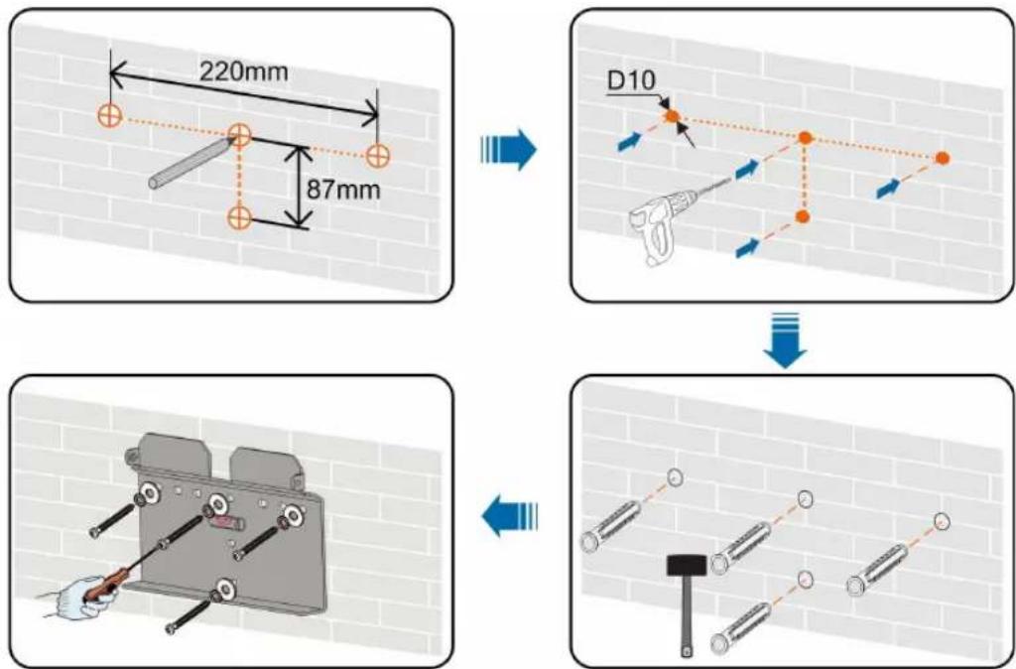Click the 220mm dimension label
(243, 70)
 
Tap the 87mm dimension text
(343, 190)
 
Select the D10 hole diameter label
(631, 80)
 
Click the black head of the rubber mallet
(687, 566)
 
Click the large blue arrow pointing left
(509, 516)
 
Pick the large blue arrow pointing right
(509, 152)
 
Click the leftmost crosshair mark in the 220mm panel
(110, 115)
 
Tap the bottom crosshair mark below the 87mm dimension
(239, 217)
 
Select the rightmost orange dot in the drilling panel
(943, 158)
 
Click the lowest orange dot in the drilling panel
(803, 216)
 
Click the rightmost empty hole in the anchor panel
(943, 521)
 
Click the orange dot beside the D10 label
(672, 117)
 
